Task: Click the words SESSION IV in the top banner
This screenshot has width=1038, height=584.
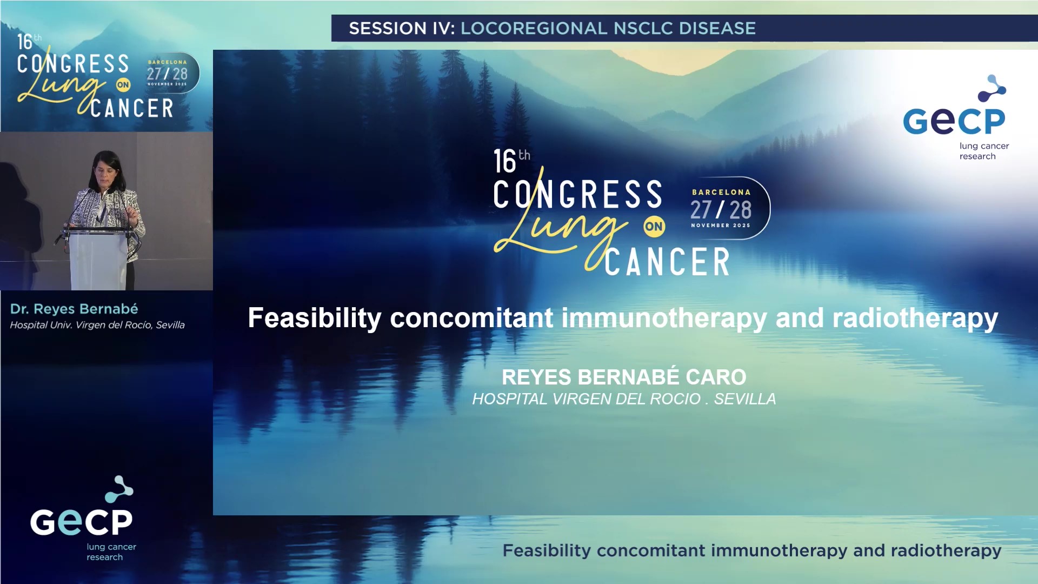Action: [402, 28]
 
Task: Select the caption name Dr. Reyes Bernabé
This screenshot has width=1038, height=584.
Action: [74, 309]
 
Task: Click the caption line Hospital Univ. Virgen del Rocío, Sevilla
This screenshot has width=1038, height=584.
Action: [97, 325]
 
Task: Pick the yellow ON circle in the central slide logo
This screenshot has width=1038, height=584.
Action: [654, 227]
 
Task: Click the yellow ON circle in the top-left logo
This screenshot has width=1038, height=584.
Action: [123, 85]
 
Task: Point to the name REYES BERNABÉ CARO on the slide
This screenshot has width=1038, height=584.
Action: [624, 377]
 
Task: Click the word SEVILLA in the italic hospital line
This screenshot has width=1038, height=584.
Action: [744, 399]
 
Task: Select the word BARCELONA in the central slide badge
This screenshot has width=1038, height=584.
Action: [721, 192]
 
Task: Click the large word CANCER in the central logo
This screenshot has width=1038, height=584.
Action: [667, 262]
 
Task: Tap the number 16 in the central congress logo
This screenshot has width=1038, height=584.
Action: [505, 162]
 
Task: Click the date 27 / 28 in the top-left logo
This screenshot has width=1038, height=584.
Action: [167, 74]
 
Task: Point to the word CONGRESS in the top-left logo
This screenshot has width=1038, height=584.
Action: [73, 64]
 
